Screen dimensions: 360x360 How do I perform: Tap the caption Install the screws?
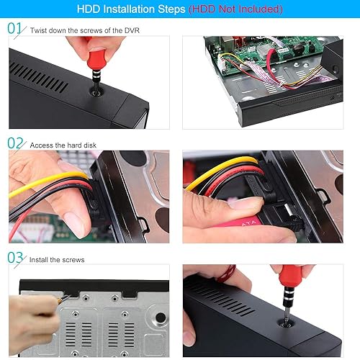tap(57, 259)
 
